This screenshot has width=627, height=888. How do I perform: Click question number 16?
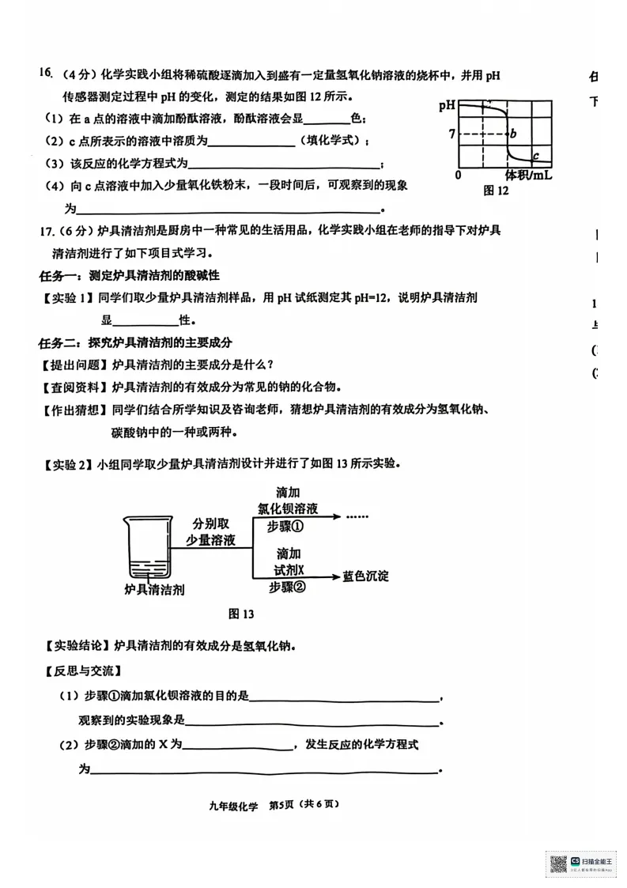click(x=44, y=74)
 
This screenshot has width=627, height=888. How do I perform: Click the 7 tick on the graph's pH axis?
click(x=451, y=134)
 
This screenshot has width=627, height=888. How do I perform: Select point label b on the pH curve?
click(x=513, y=134)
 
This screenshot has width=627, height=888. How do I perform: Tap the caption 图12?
click(x=496, y=191)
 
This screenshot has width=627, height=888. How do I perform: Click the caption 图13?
click(x=240, y=614)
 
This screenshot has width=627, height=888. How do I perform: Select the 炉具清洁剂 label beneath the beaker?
click(x=153, y=589)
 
